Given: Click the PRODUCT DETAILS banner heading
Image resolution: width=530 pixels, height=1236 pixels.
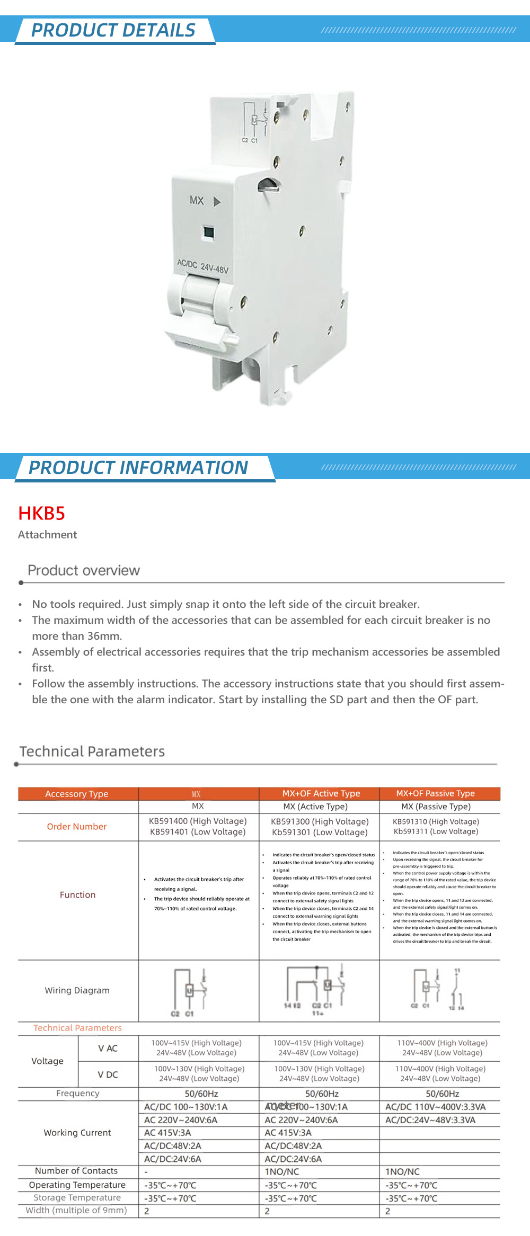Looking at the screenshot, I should pyautogui.click(x=113, y=30).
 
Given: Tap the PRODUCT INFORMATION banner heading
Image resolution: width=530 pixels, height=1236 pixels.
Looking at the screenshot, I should pyautogui.click(x=138, y=468).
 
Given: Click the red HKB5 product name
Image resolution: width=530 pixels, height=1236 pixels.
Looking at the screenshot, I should pyautogui.click(x=41, y=513).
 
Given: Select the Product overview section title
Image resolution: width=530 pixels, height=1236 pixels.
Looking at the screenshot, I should pyautogui.click(x=84, y=570).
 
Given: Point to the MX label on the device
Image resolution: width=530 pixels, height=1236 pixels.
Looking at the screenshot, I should pyautogui.click(x=197, y=200).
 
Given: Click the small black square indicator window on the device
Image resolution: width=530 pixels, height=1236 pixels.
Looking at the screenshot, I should pyautogui.click(x=209, y=232).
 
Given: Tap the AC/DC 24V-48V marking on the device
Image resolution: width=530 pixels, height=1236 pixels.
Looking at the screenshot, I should pyautogui.click(x=203, y=266).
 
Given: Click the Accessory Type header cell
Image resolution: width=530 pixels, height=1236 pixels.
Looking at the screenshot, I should pyautogui.click(x=77, y=794).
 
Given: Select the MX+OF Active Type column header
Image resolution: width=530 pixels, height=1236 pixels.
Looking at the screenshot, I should pyautogui.click(x=321, y=793).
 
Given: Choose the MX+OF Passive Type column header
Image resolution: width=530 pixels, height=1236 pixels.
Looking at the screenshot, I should pyautogui.click(x=435, y=793).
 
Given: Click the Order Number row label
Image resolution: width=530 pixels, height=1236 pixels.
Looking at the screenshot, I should pyautogui.click(x=77, y=827).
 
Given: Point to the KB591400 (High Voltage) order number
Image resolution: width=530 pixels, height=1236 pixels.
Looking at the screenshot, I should pyautogui.click(x=198, y=821).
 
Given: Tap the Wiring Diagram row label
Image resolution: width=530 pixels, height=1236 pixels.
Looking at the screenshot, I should pyautogui.click(x=77, y=990).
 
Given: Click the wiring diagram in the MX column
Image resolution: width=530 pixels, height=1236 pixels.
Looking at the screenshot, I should pyautogui.click(x=189, y=991).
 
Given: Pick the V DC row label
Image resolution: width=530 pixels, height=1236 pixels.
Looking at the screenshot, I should pyautogui.click(x=108, y=1074).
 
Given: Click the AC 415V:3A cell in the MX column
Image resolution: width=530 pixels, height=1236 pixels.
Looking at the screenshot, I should pyautogui.click(x=167, y=1133).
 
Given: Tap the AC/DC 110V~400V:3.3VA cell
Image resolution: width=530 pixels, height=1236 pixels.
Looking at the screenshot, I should pyautogui.click(x=435, y=1107).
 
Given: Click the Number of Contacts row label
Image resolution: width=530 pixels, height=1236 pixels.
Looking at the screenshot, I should pyautogui.click(x=76, y=1171).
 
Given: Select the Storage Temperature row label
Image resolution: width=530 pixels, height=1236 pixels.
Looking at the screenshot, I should pyautogui.click(x=77, y=1197).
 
